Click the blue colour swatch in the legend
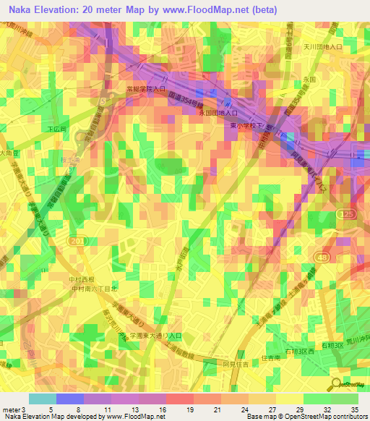[70, 399]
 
